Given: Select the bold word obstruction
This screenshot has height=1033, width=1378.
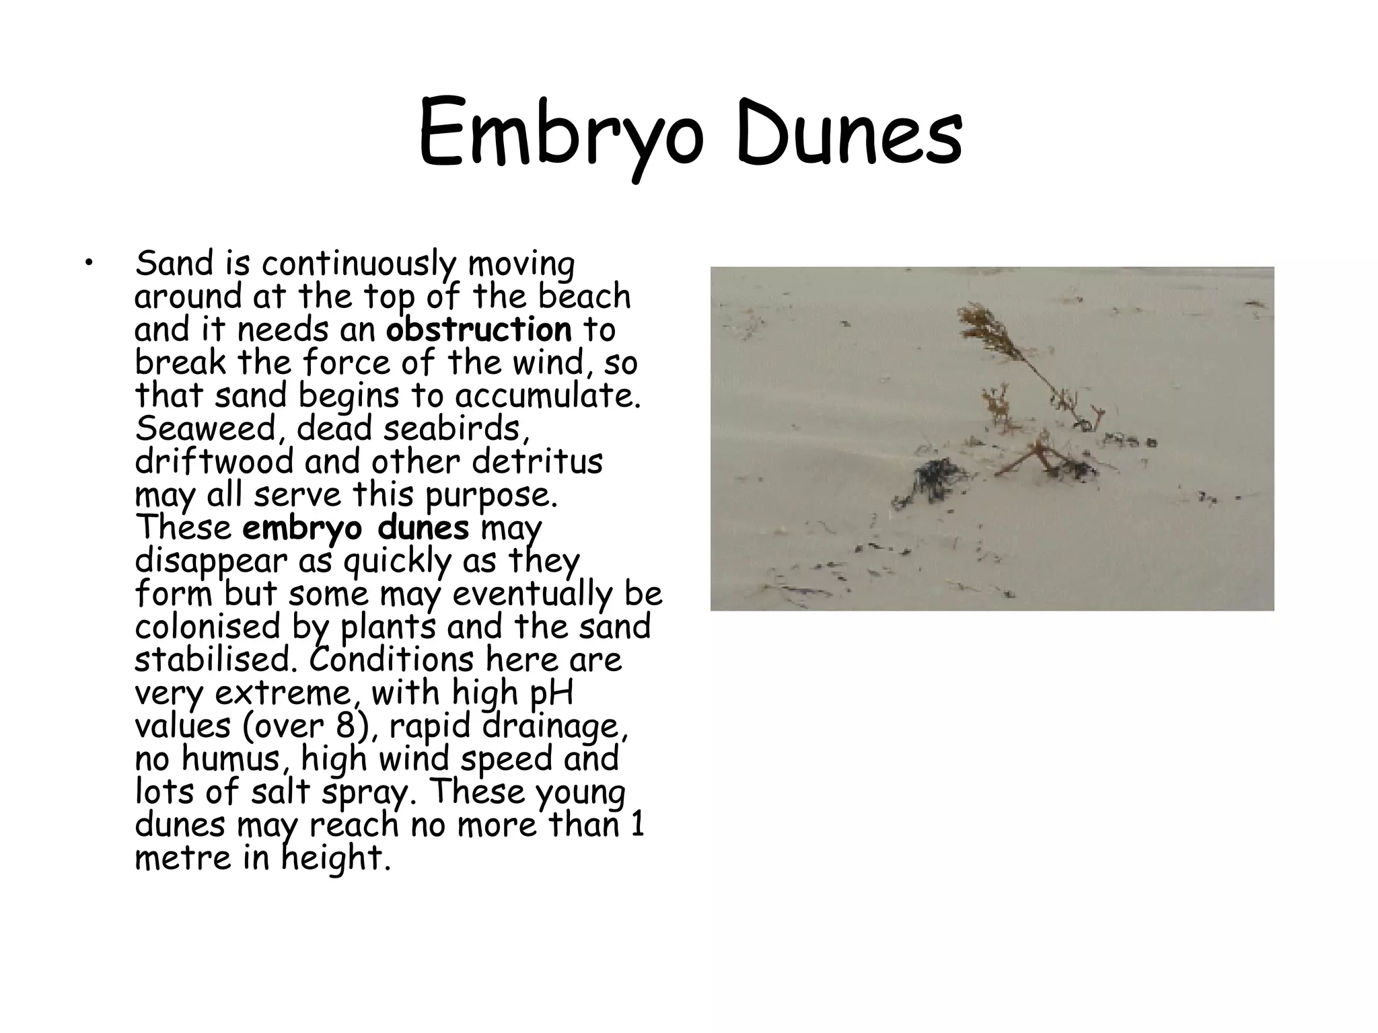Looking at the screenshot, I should coord(478,330).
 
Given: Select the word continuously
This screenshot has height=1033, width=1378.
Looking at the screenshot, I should coord(358,264).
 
